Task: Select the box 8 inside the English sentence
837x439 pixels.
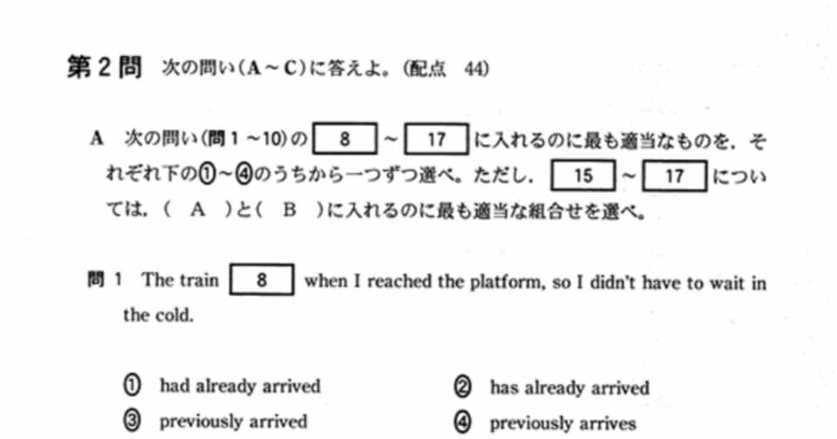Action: pos(262,281)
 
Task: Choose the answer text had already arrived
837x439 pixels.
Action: pos(240,386)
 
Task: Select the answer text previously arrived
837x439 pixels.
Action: pos(233,422)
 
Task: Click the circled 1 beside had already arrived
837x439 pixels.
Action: pos(133,386)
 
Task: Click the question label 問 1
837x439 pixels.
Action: pos(103,281)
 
